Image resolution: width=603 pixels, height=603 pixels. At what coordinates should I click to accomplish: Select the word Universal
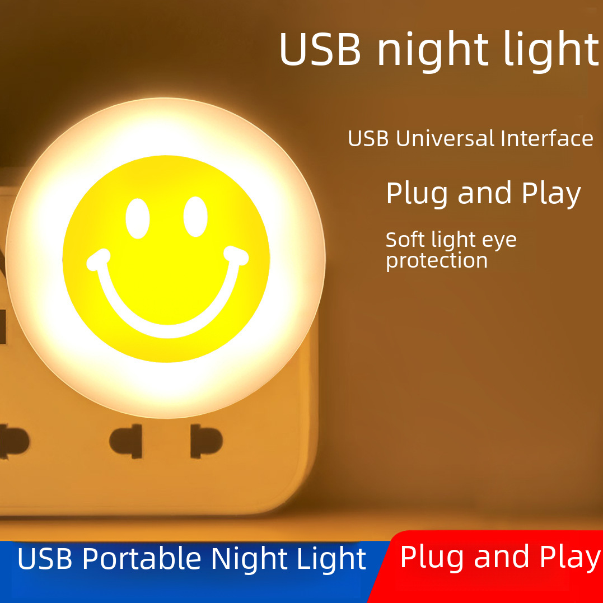pyautogui.click(x=445, y=139)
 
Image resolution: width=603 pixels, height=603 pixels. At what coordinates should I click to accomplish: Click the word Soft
pyautogui.click(x=406, y=240)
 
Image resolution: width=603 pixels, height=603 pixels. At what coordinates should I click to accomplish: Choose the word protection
pyautogui.click(x=437, y=261)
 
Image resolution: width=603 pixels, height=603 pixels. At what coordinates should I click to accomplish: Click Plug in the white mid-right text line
pyautogui.click(x=418, y=194)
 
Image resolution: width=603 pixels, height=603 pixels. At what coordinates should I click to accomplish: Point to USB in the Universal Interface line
pyautogui.click(x=368, y=139)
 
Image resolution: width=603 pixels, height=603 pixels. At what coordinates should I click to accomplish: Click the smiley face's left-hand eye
pyautogui.click(x=138, y=218)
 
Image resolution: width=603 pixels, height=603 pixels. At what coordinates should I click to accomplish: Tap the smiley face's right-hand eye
pyautogui.click(x=195, y=216)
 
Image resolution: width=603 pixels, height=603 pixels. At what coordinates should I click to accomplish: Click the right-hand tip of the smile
pyautogui.click(x=238, y=256)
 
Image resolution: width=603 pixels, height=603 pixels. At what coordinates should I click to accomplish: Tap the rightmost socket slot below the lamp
pyautogui.click(x=206, y=441)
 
